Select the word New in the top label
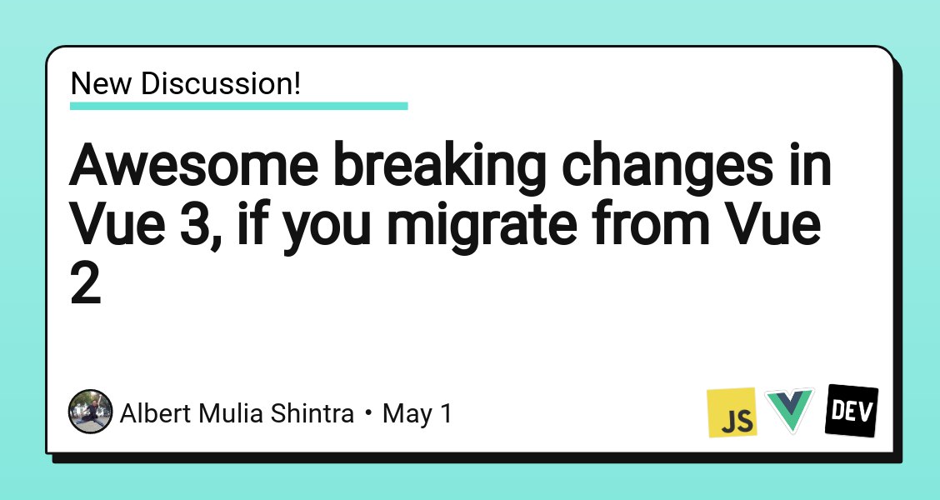102,83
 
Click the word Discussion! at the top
221,83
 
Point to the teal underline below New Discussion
238,106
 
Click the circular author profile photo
91,412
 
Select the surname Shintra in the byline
312,413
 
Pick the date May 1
417,414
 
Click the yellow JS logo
732,412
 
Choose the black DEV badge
852,411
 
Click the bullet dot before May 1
368,413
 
